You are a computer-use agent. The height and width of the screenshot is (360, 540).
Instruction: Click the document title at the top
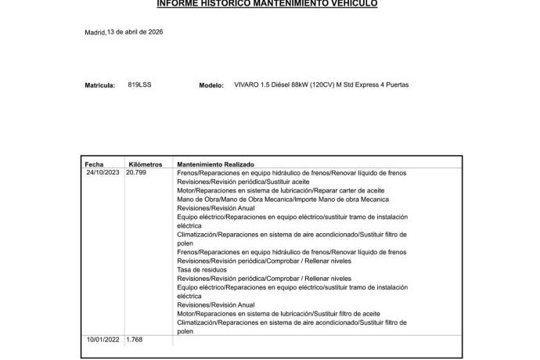(267, 4)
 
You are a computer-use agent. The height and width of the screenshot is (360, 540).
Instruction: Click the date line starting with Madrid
(124, 32)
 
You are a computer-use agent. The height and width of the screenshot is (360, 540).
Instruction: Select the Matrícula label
(99, 85)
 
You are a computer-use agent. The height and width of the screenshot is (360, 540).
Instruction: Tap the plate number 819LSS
(139, 85)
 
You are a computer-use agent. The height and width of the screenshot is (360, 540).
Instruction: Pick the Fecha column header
(94, 164)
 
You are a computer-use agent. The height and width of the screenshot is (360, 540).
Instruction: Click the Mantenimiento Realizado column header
(215, 164)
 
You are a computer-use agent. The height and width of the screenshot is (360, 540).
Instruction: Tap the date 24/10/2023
(103, 173)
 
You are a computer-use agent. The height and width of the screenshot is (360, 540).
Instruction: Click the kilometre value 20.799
(136, 173)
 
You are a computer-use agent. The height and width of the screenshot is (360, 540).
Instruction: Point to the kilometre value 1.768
(135, 340)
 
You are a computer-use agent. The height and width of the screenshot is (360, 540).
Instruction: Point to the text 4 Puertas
(395, 85)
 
